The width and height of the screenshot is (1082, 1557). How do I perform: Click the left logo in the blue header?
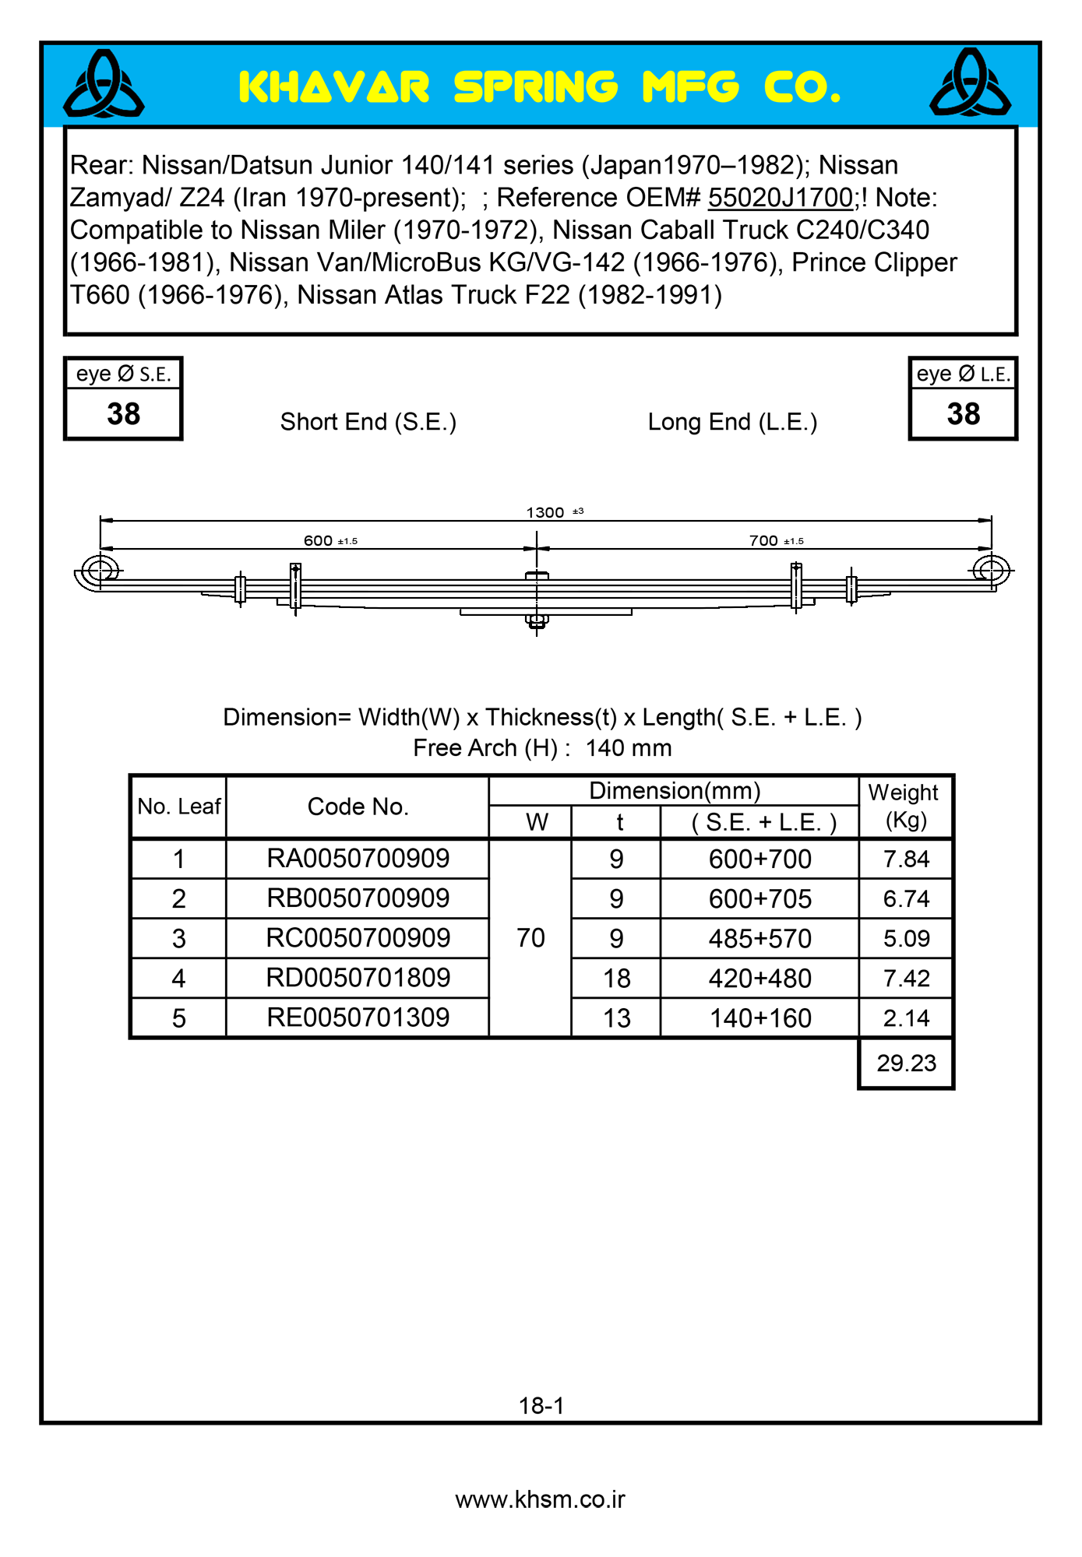click(104, 84)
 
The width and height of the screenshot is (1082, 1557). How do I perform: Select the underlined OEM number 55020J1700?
click(780, 198)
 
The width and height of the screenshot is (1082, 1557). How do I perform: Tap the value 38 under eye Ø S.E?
click(123, 414)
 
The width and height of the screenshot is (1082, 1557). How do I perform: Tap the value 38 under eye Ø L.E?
click(963, 414)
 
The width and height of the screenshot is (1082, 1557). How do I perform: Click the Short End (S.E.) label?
click(368, 422)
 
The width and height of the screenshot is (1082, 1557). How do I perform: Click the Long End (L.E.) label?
click(732, 422)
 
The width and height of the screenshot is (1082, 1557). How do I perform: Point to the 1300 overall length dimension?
click(546, 512)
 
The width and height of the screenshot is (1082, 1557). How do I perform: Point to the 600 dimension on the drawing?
click(319, 540)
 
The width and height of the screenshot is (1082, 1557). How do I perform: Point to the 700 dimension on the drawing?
click(764, 540)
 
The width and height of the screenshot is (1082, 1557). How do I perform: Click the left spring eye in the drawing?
click(100, 570)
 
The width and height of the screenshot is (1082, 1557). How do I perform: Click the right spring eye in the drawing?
click(991, 570)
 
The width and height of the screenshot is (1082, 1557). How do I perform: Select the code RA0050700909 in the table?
click(358, 859)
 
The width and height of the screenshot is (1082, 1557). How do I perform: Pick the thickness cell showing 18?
click(616, 979)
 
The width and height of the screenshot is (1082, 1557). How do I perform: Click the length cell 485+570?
click(760, 939)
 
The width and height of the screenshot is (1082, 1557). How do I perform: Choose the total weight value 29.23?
click(906, 1063)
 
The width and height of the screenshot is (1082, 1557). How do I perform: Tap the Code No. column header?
click(358, 807)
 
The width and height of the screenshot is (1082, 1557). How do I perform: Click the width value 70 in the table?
click(530, 938)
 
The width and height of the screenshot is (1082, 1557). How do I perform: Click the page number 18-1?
click(541, 1405)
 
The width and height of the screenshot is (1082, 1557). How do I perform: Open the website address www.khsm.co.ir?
click(540, 1499)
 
